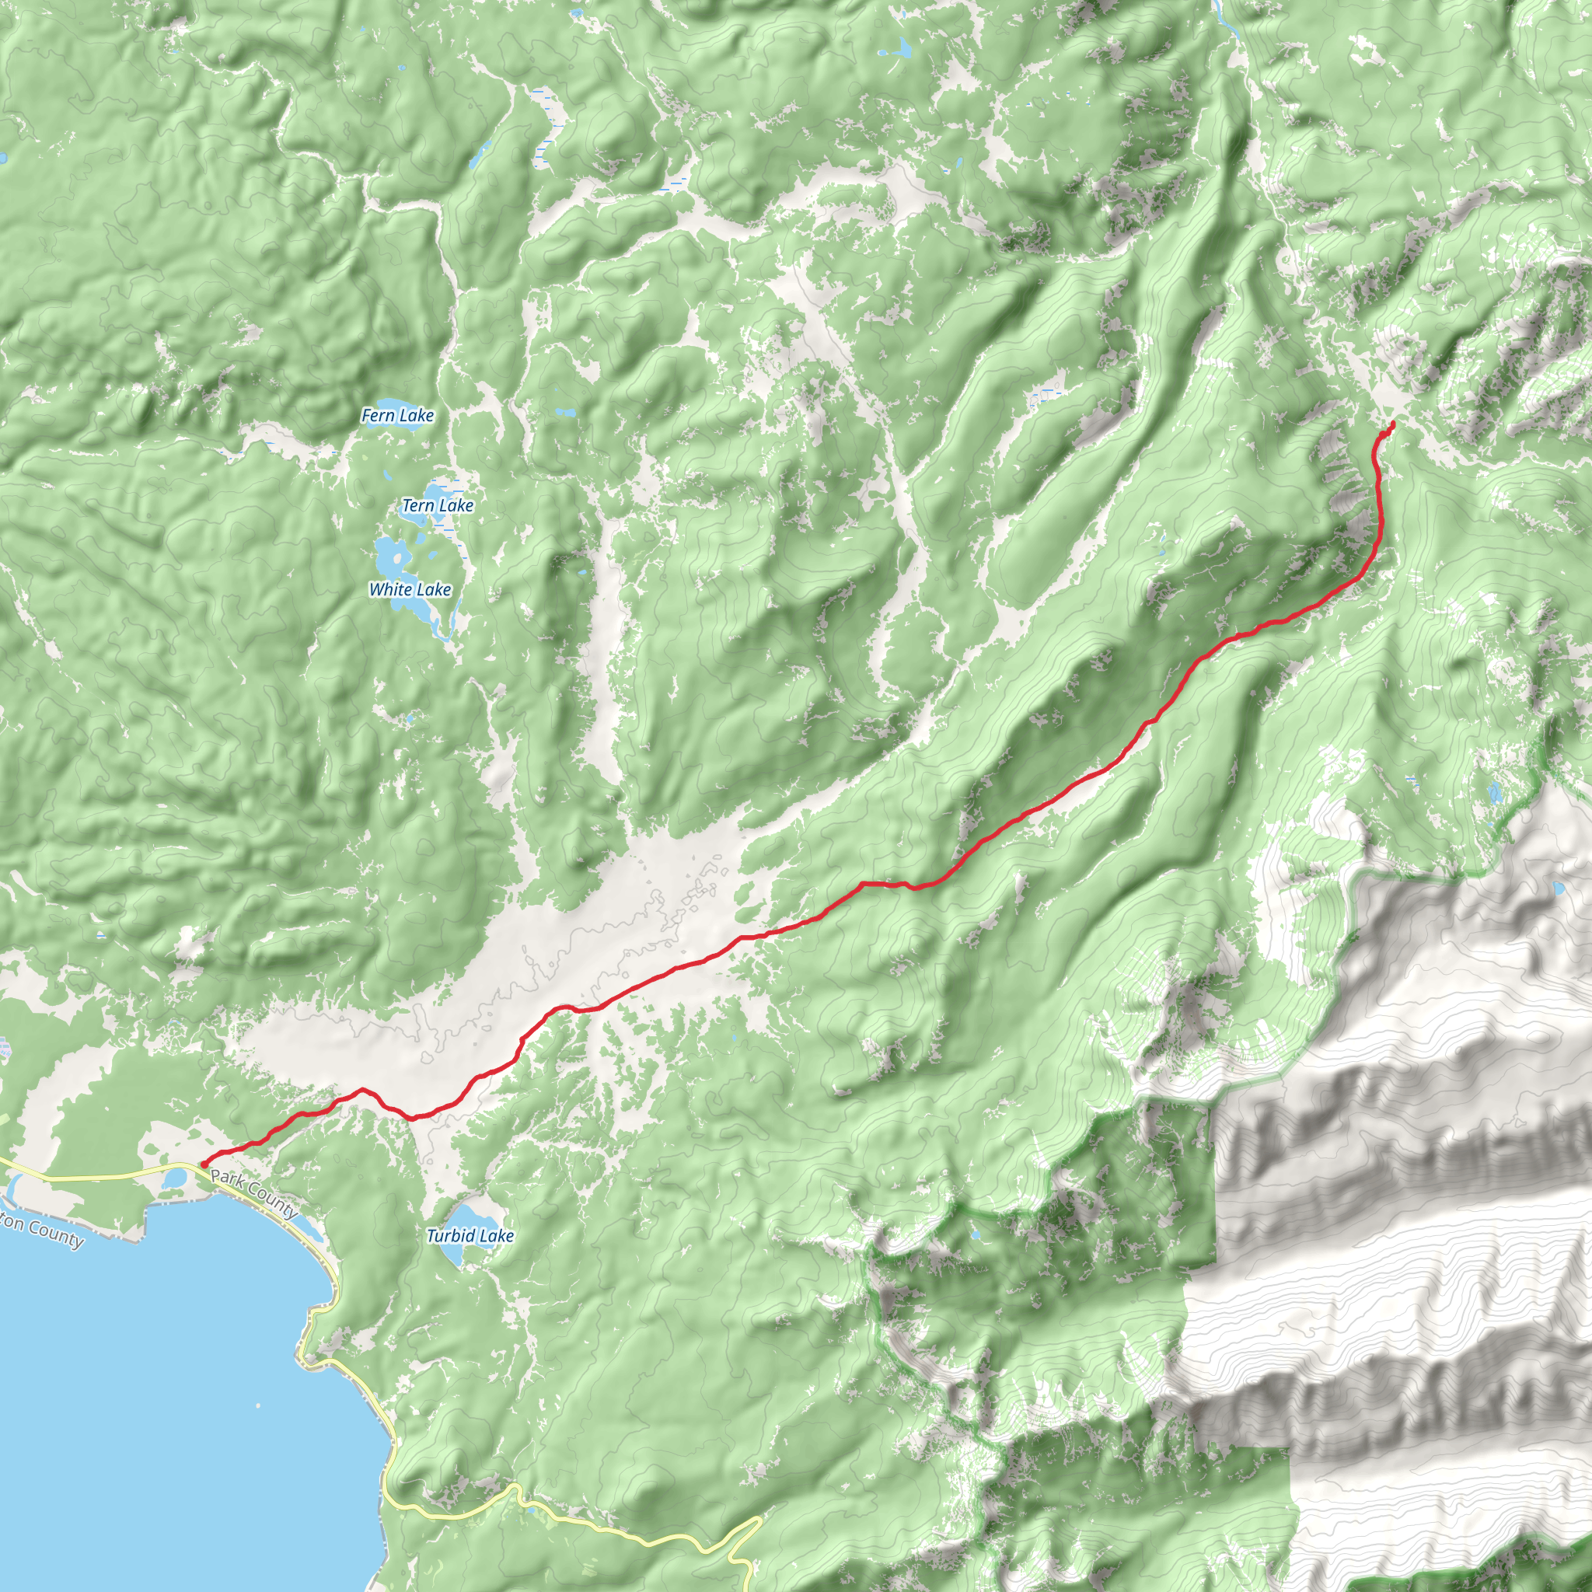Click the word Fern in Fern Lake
[379, 415]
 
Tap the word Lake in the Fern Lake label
[416, 415]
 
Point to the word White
[389, 589]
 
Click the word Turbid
[450, 1236]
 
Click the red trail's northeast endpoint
[1392, 423]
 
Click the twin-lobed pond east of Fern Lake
[565, 412]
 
